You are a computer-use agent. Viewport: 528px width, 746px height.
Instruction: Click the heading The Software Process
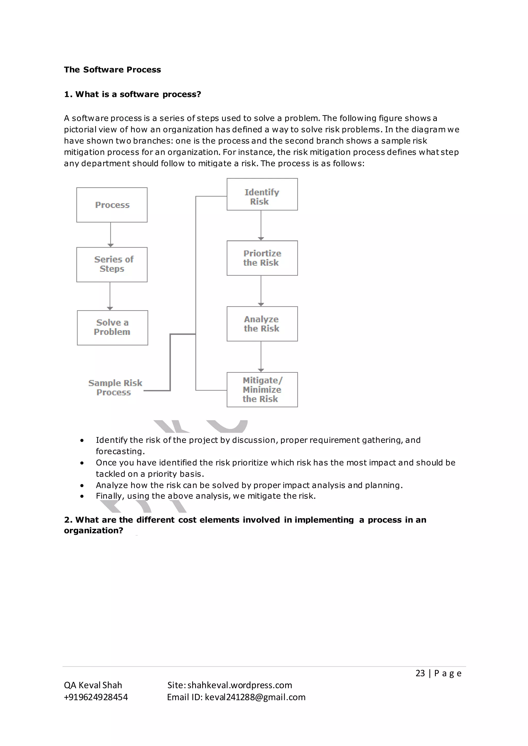coord(112,70)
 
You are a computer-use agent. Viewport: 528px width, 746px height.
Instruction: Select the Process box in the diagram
coord(112,205)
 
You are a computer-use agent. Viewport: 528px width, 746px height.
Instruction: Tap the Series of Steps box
coord(112,265)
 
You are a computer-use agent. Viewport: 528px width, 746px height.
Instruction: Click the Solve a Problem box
coord(112,327)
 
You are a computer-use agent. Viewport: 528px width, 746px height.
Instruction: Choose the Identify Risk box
coord(262,194)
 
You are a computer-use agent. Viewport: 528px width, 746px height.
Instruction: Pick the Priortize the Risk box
coord(262,258)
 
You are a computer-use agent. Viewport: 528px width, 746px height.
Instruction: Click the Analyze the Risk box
coord(262,324)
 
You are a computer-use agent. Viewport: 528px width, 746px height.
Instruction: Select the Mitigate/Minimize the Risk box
coord(262,389)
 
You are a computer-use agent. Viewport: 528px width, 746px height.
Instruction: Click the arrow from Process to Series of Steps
coord(111,235)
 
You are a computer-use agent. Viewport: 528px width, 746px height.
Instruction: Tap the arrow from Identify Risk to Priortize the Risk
coord(261,225)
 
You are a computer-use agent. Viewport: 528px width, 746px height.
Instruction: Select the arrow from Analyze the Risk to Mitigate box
coord(261,357)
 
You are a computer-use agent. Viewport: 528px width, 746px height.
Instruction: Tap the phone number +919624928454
coord(96,697)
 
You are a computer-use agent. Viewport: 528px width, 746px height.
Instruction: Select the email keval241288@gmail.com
coord(255,697)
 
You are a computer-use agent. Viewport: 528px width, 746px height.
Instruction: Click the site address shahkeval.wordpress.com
coord(240,685)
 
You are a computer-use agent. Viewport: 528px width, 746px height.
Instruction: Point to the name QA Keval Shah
coord(93,685)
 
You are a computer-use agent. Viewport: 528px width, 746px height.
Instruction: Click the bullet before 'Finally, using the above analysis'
coord(82,496)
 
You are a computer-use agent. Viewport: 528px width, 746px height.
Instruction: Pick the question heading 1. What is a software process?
coord(132,94)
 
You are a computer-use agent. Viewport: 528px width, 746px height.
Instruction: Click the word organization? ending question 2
coord(93,531)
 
